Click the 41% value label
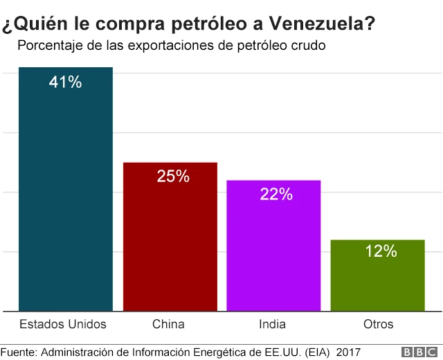pos(66,82)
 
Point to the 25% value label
pos(173,177)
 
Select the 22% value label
pos(276,195)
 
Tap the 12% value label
pos(381,251)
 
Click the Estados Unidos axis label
pos(63,324)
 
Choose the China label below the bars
pos(168,324)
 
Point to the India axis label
pos(272,324)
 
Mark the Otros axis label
pos(378,324)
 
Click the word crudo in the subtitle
pos(309,47)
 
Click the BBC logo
pos(413,352)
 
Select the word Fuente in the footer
pos(19,352)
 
